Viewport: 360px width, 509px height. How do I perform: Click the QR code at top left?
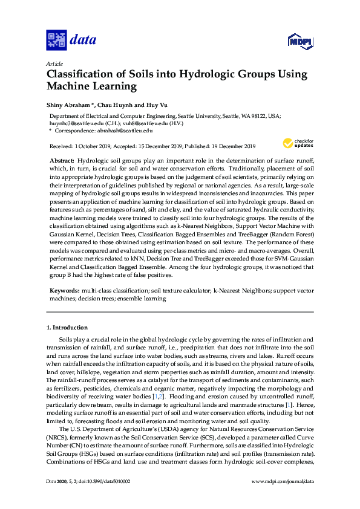(x=56, y=41)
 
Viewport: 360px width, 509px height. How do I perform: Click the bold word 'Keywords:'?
(x=64, y=291)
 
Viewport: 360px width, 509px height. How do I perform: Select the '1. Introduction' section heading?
(x=67, y=328)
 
